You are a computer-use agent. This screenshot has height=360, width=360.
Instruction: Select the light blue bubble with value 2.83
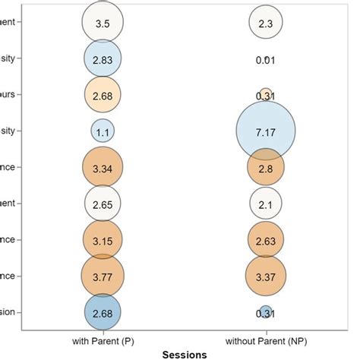point(103,59)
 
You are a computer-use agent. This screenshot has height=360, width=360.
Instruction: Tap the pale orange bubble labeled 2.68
point(103,95)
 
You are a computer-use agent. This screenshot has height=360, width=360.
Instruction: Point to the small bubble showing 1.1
point(103,131)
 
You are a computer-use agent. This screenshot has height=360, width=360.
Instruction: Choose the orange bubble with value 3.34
point(103,167)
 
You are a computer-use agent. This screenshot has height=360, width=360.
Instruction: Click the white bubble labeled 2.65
point(103,204)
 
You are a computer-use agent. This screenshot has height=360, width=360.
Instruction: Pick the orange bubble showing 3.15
point(103,239)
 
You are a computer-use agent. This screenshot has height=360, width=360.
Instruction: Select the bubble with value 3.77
point(103,276)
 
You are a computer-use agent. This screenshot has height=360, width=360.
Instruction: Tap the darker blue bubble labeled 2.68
point(103,311)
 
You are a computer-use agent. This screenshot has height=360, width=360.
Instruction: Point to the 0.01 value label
point(265,59)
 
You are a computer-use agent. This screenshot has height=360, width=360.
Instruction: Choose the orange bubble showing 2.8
point(265,169)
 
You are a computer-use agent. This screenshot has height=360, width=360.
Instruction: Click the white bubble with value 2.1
point(265,204)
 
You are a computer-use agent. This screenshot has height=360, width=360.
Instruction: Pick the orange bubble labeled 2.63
point(265,239)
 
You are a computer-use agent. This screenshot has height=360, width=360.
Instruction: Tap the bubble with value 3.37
point(265,276)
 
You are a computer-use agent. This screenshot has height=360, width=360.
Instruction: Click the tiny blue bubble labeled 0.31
point(265,311)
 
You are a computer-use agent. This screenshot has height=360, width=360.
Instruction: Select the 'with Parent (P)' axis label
point(103,339)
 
